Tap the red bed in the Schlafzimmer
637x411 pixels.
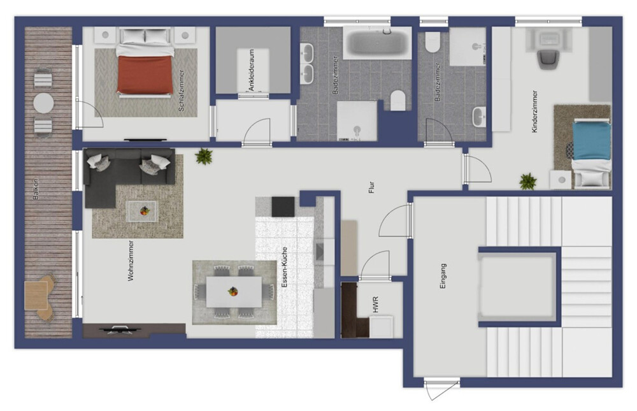pos(145,74)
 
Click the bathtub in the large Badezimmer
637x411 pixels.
pos(377,43)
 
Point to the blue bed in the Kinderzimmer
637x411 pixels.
pos(591,141)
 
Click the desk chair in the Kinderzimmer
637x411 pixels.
pos(547,59)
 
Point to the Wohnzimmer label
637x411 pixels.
pos(131,261)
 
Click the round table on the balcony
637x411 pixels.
pos(43,103)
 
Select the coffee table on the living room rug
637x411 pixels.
pos(141,210)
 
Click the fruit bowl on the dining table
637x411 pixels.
pos(233,292)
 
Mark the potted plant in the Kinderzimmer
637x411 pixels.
pos(527,182)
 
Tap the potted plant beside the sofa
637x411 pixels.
pos(204,156)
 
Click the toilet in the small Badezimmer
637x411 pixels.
pos(433,42)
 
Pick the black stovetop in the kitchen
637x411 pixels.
pos(283,206)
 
